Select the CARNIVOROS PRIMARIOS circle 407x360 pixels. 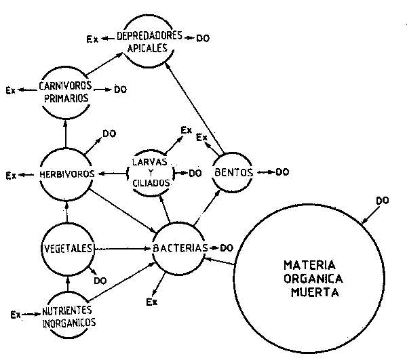66,89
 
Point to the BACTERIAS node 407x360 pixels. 179,248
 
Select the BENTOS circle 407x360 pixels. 233,172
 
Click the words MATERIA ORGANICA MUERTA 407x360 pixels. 312,277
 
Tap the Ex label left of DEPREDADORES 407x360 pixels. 92,39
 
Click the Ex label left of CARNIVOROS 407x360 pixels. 9,89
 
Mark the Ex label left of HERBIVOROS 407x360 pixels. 11,175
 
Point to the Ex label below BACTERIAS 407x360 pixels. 153,301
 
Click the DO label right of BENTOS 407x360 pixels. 282,172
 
